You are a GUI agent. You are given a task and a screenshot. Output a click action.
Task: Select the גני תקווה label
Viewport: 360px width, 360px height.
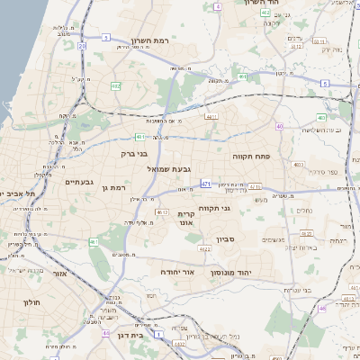coord(238,209)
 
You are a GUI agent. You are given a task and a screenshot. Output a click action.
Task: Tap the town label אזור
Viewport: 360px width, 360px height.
coord(59,273)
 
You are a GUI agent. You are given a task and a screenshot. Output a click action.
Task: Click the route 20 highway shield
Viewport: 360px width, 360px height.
coord(81,45)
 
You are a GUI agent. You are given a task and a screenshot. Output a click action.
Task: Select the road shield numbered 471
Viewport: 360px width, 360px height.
coord(206,184)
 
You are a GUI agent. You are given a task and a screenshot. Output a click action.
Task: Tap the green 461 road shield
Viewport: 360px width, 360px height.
coord(94,241)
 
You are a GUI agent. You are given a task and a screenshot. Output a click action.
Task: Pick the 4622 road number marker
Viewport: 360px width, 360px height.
coord(204,249)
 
